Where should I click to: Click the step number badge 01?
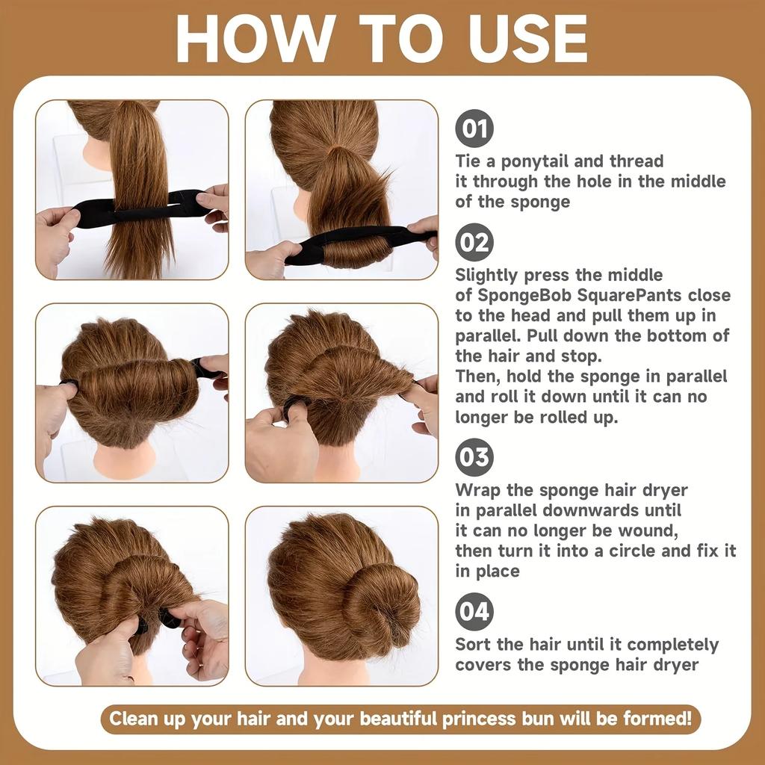[474, 128]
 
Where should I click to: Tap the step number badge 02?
[474, 243]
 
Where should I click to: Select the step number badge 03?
[474, 457]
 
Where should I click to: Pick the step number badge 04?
[474, 612]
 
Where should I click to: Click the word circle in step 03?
[656, 551]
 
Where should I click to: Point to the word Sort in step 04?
[473, 645]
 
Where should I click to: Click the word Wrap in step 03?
[476, 490]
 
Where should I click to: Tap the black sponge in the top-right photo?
[359, 243]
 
